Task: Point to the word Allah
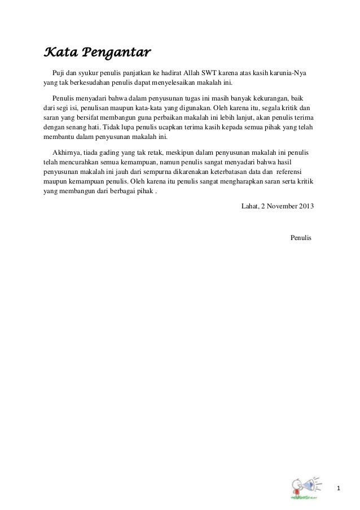[196, 74]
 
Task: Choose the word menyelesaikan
[195, 84]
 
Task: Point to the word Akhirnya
[65, 152]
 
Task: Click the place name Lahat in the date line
[249, 206]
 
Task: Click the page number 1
[339, 487]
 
